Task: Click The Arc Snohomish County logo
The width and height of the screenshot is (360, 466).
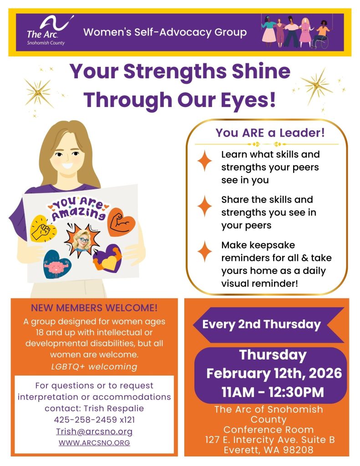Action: [x=46, y=31]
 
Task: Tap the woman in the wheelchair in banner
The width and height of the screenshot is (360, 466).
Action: [x=323, y=34]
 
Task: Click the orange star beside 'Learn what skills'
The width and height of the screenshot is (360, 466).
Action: [x=205, y=161]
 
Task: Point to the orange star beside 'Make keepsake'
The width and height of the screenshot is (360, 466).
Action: [x=205, y=251]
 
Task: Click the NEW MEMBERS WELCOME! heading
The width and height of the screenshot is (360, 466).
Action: [x=94, y=308]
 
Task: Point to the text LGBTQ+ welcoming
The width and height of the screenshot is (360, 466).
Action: [x=94, y=366]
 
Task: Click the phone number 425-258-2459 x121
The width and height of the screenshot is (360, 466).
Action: [x=94, y=420]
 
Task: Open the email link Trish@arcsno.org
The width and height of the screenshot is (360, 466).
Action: [x=94, y=431]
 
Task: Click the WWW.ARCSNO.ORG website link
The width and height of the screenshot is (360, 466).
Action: [x=94, y=443]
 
